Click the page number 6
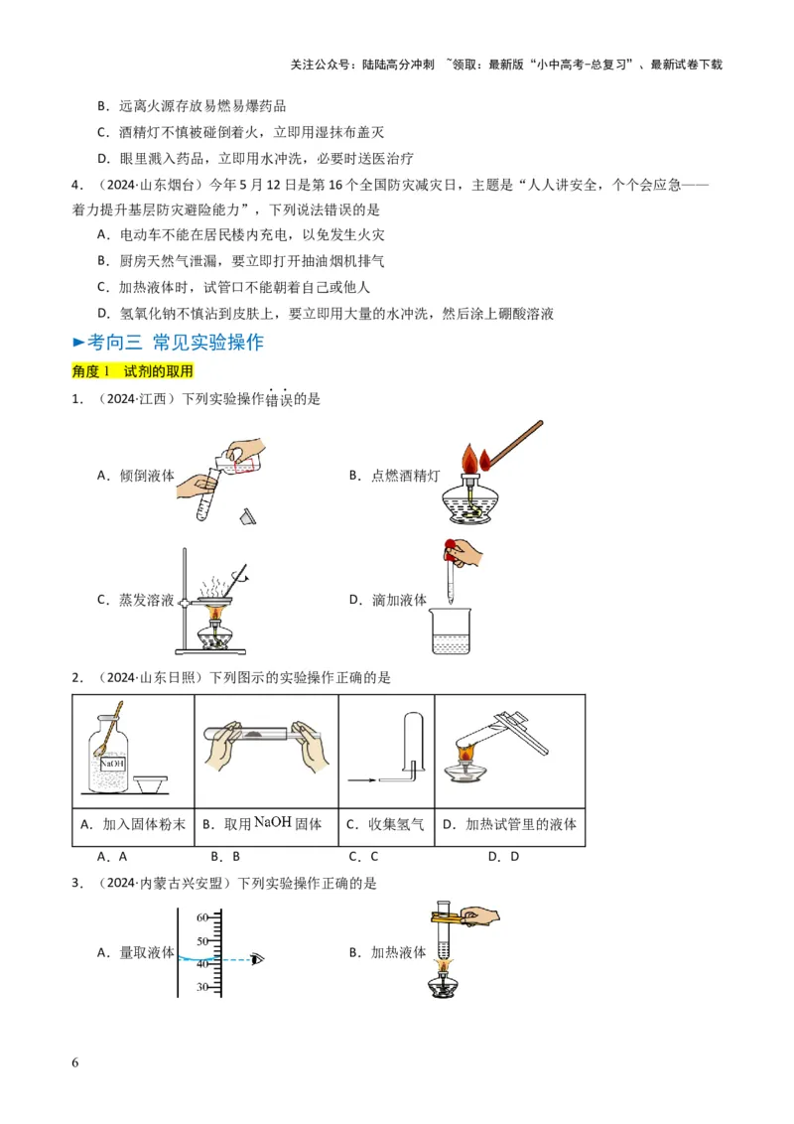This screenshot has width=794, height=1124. [x=75, y=1063]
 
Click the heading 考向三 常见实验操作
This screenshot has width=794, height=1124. [x=175, y=342]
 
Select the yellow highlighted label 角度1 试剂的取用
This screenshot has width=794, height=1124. [x=132, y=370]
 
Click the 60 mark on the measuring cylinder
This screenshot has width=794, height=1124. [x=201, y=916]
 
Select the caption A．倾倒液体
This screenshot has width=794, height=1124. [x=136, y=475]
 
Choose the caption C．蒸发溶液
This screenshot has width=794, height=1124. [x=136, y=600]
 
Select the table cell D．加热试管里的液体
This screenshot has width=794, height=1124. [x=509, y=824]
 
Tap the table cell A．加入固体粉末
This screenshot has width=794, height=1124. [x=132, y=824]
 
